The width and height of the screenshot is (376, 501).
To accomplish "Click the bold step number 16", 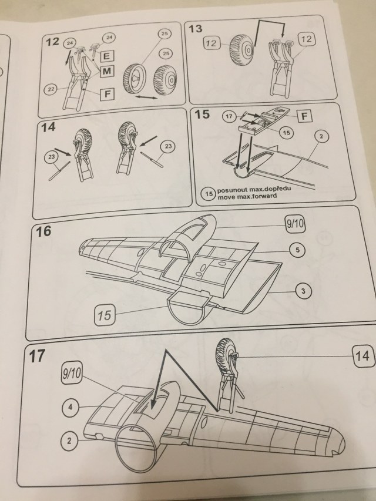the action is point(43,231).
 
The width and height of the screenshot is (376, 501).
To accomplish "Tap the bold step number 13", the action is point(196,29).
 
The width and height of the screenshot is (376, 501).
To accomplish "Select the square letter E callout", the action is point(106,56).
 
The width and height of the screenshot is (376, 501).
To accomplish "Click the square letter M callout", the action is point(107,71).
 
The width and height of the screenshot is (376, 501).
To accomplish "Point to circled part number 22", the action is point(51,89).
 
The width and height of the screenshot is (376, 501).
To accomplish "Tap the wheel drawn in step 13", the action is point(241,51).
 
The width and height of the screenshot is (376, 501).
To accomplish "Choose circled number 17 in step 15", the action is point(229,116).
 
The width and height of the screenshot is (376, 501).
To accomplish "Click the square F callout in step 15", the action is point(304,116).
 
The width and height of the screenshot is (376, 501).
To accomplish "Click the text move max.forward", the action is point(247,196).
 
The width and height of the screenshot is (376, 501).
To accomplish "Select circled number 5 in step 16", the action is point(297,250).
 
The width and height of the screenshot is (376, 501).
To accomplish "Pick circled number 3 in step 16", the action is point(303,291).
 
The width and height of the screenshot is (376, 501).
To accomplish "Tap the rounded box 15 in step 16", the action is point(105,315).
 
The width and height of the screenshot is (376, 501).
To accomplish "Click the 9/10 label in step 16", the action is point(295,224).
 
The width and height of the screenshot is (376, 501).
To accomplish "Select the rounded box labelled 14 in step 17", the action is point(362,356).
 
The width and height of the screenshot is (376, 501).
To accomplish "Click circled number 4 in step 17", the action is point(70,408).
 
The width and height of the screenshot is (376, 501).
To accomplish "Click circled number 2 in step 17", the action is point(69,441).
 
